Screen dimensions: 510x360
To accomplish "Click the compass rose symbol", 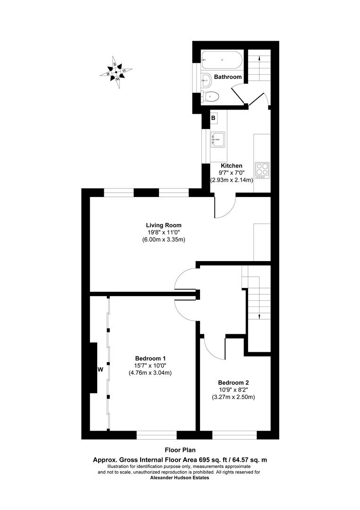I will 116,72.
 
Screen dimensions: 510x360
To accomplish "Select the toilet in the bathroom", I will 209,97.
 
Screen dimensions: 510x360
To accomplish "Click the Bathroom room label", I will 228,76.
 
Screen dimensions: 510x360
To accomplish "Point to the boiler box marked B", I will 213,118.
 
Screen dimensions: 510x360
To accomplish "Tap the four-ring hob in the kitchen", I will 262,170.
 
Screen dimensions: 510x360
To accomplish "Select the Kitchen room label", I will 232,166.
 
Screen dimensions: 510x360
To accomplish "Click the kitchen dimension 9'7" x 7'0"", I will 232,173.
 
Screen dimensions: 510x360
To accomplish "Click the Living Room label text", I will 163,225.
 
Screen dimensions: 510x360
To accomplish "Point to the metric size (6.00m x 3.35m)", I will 163,239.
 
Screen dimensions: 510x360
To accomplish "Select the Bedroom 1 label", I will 150,358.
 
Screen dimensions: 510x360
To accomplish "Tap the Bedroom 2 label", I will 233,382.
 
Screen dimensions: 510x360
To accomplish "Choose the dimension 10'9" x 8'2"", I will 233,390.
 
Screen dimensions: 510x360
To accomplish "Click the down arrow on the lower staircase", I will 260,315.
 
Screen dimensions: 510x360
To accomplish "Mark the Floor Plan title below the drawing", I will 179,450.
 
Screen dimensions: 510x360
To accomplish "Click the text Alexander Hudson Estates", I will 179,477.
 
